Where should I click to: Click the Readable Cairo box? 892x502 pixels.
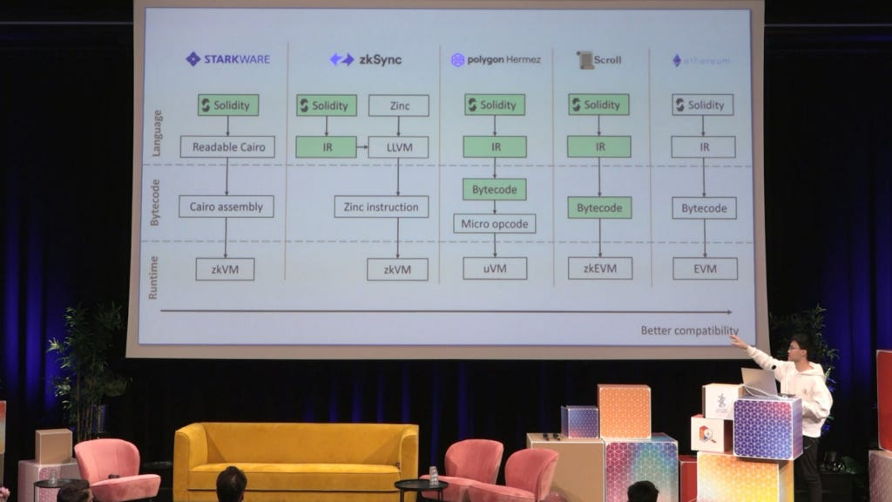[227, 146]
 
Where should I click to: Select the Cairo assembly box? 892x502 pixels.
[226, 207]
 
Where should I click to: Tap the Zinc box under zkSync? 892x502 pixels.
[398, 105]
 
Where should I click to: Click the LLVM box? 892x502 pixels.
[398, 146]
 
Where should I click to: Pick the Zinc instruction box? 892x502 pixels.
[381, 207]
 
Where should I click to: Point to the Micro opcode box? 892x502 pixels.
[495, 223]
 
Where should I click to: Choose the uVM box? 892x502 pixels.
[495, 268]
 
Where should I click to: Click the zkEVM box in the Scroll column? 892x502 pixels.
[599, 268]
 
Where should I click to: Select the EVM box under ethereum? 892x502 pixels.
[705, 268]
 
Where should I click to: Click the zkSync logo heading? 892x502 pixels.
[366, 59]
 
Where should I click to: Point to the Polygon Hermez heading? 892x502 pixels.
[496, 59]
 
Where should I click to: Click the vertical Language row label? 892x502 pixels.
[156, 133]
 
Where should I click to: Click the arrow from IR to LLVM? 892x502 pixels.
[362, 146]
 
